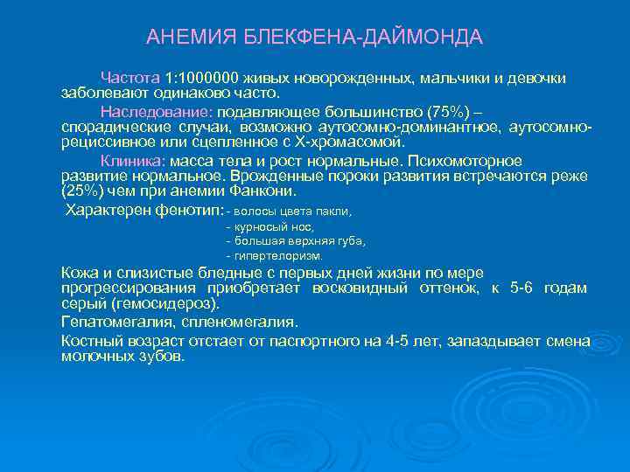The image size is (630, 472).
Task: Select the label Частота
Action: pos(129,79)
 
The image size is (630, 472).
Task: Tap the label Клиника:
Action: pos(131,162)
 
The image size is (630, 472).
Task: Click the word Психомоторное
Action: pos(472,162)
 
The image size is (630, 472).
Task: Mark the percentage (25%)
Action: pos(84,190)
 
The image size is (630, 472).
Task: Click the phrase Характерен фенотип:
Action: pos(145,211)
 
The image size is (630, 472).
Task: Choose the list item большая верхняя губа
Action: pos(298,241)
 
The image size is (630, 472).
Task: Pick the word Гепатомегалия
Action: pos(111,322)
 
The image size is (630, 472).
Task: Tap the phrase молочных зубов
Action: pos(122,357)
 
